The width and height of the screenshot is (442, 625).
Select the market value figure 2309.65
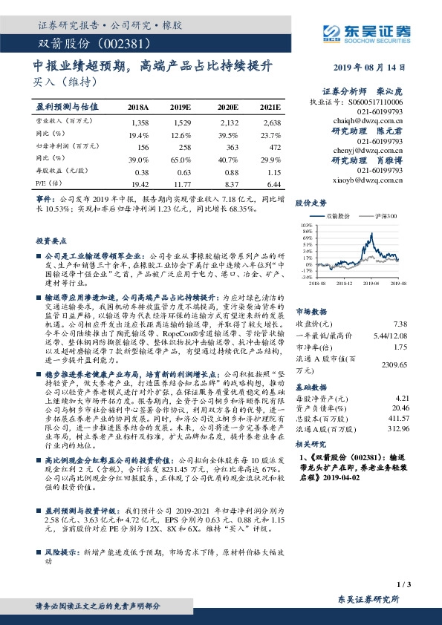tap(391, 365)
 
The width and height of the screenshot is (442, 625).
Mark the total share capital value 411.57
tap(397, 419)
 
